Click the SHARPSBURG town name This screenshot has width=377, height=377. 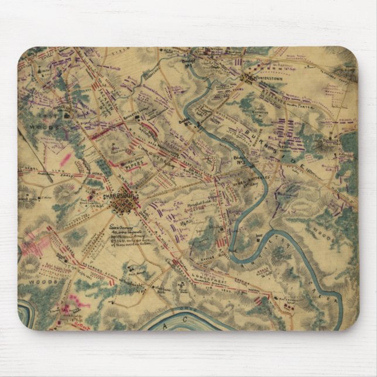tap(119, 197)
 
